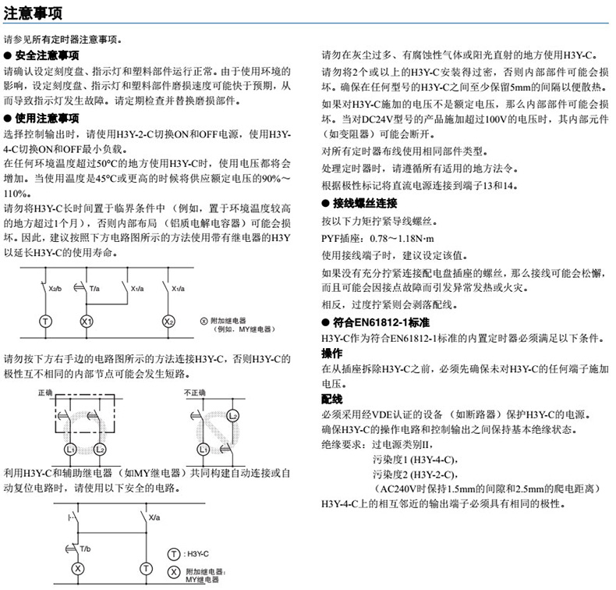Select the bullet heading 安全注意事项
point(46,55)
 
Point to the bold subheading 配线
point(331,399)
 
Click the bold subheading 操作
point(331,354)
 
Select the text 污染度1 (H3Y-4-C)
point(415,458)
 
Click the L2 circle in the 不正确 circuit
point(232,417)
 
